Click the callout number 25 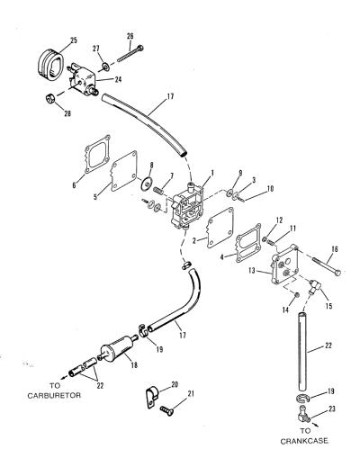coord(74,40)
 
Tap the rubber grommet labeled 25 coord(50,66)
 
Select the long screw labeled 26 coord(130,54)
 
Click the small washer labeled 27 coord(105,67)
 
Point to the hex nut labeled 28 coord(50,98)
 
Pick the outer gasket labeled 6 coord(96,157)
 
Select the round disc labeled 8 coord(147,183)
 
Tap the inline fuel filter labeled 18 coord(117,350)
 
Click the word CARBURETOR coord(54,395)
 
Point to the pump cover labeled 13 coord(285,267)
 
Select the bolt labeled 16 coord(327,265)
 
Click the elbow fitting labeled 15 coord(313,286)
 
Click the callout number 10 coord(270,189)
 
